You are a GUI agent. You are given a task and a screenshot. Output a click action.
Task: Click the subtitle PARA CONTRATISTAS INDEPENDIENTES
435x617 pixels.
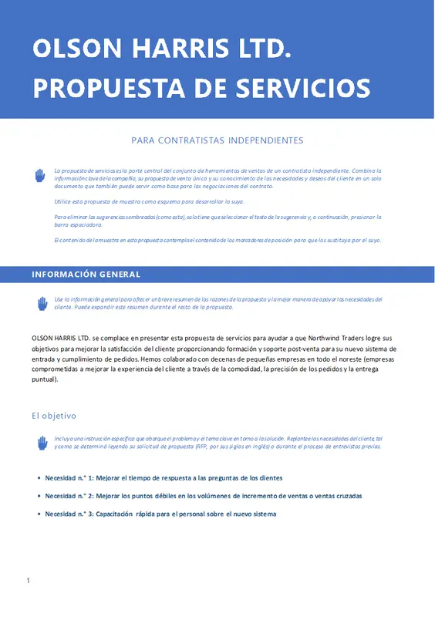(x=217, y=140)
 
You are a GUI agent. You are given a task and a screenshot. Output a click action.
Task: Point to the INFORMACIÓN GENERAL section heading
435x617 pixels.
(x=86, y=275)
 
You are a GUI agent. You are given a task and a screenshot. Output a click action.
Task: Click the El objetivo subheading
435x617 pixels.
(x=54, y=416)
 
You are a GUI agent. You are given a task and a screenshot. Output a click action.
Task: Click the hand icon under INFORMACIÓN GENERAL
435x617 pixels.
(x=42, y=303)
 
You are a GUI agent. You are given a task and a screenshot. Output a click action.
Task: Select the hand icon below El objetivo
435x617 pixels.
(x=42, y=443)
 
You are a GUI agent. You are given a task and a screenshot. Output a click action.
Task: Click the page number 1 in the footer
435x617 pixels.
(x=28, y=580)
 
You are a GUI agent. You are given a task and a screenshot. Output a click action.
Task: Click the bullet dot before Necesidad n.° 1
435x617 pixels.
(x=39, y=478)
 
